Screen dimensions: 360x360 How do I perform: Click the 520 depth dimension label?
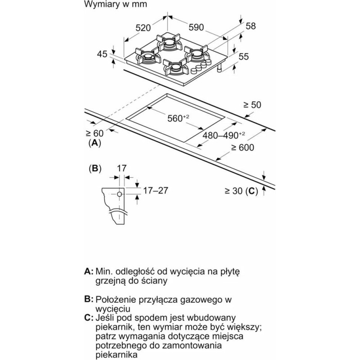pos(143,28)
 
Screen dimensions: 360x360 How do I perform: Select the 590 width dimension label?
pos(196,27)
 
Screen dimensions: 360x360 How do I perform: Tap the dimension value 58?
pos(251,26)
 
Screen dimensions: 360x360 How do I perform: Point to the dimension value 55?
pos(243,56)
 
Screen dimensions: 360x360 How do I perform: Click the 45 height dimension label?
pos(102,54)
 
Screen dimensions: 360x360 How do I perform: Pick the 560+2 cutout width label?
pos(178,118)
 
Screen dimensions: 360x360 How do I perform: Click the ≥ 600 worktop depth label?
pos(243,148)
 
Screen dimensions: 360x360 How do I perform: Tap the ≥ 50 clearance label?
pos(252,105)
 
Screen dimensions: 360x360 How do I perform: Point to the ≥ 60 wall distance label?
pos(94,133)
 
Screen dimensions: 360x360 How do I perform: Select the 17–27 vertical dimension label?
pos(156,190)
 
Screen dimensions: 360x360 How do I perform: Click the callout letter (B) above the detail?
pos(95,168)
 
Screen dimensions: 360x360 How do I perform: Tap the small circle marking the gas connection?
pos(119,194)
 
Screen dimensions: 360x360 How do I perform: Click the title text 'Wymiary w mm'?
pos(116,4)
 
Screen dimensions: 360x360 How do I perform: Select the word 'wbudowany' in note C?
pos(211,318)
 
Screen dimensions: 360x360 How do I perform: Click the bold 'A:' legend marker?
pos(89,271)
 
